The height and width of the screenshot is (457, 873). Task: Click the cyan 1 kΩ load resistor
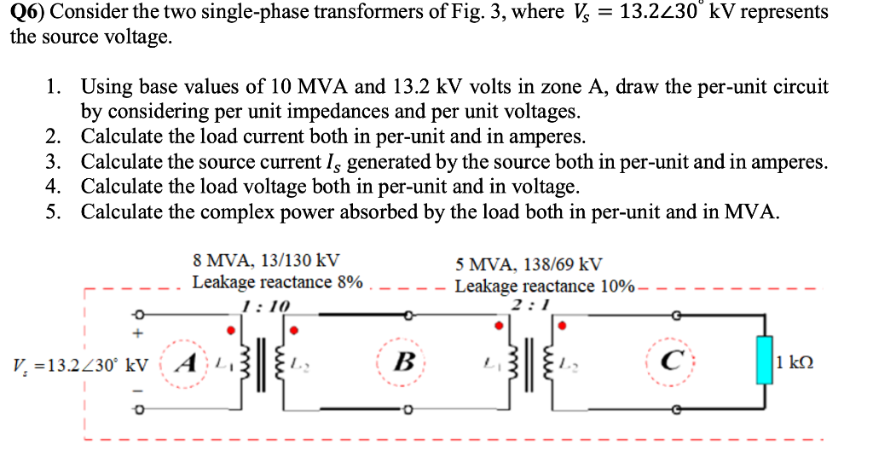point(762,363)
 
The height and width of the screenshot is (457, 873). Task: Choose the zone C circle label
point(669,362)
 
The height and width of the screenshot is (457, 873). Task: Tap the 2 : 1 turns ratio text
point(529,306)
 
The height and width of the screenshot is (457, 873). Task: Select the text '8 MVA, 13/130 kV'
point(267,261)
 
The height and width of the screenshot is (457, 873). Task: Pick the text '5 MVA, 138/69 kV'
point(529,264)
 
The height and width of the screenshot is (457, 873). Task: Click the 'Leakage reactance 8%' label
point(278,282)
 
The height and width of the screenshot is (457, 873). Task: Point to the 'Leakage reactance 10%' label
point(544,286)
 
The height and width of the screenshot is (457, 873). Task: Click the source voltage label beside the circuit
point(81,365)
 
